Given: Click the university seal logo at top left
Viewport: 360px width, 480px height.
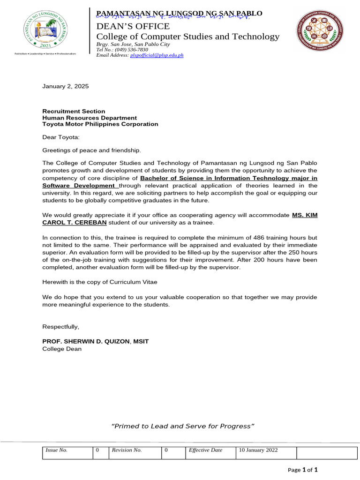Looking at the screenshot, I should pyautogui.click(x=45, y=30).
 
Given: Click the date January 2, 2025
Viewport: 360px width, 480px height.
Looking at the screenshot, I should pyautogui.click(x=65, y=87).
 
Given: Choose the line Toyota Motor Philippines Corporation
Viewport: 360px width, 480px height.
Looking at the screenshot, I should pyautogui.click(x=100, y=124).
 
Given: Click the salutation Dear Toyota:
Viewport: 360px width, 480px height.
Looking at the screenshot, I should pyautogui.click(x=61, y=137).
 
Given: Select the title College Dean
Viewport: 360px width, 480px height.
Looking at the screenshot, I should pyautogui.click(x=62, y=349).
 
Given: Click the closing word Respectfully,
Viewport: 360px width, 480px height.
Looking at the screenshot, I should pyautogui.click(x=61, y=326).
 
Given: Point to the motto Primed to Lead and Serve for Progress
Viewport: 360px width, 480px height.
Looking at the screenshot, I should pyautogui.click(x=182, y=426).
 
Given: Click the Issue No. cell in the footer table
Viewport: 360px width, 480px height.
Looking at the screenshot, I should pyautogui.click(x=56, y=450).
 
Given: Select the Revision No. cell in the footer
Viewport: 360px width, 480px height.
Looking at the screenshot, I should pyautogui.click(x=126, y=450).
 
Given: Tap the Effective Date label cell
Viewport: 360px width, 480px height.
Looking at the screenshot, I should pyautogui.click(x=205, y=450).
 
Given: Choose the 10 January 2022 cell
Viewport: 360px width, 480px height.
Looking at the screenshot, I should pyautogui.click(x=258, y=450).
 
